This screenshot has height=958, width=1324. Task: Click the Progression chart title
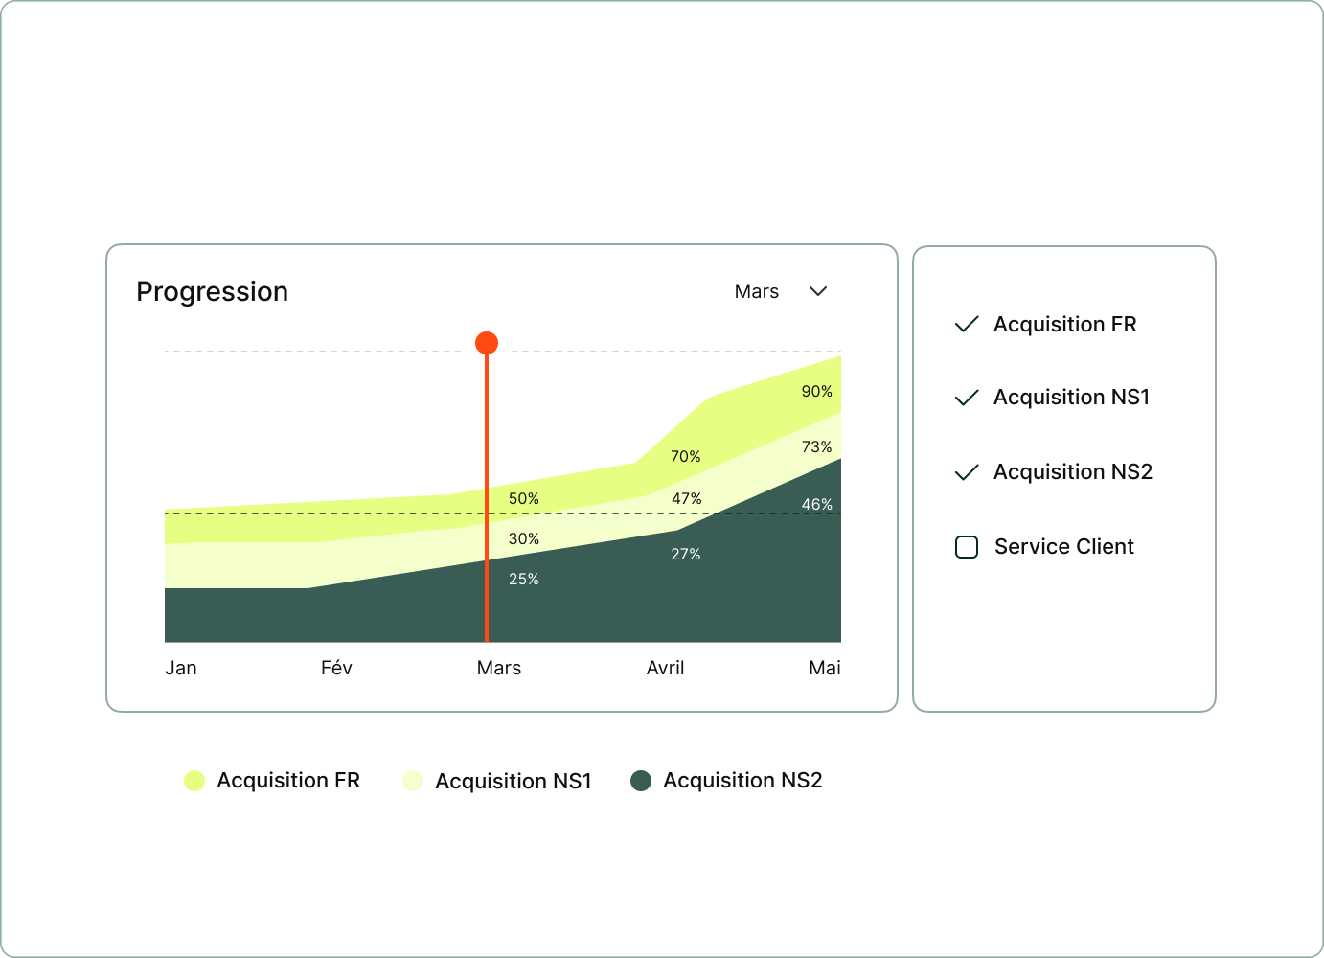pos(212,291)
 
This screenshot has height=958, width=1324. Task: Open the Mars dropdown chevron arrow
pos(818,291)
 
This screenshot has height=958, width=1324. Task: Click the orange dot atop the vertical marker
pos(487,343)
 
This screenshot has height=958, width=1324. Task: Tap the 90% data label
pos(816,391)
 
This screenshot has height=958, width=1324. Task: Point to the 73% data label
pos(816,446)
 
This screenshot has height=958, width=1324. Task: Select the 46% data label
pos(816,504)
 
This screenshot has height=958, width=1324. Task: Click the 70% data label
pos(685,456)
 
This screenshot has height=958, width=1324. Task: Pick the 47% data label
pos(686,498)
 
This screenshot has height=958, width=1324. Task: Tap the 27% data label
pos(685,554)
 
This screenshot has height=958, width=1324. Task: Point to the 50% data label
pos(523,498)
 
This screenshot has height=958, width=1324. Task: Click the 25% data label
pos(523,579)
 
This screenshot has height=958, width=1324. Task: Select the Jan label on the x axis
pos(181,668)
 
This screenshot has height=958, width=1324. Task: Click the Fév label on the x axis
pos(336,668)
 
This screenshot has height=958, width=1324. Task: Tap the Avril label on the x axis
pos(665,668)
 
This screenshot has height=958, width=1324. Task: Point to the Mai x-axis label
pos(824,668)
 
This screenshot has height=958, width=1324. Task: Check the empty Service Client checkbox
pos(967,547)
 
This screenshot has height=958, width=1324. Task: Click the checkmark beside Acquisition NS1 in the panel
pos(967,398)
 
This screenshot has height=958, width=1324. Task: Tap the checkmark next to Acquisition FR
pos(967,324)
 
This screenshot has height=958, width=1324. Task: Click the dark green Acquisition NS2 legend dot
pos(641,781)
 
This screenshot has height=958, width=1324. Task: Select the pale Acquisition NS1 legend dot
pos(413,781)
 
